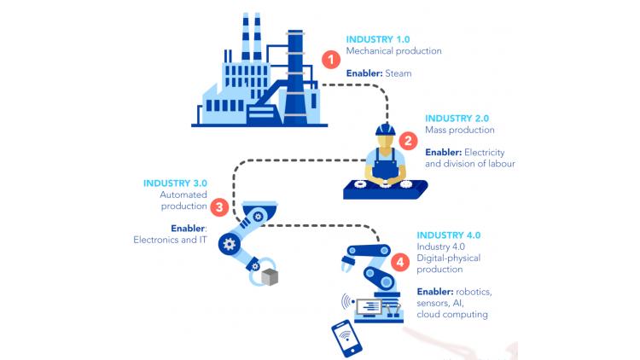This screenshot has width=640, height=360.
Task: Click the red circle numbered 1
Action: coord(331,60)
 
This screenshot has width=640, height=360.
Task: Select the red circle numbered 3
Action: coord(219,206)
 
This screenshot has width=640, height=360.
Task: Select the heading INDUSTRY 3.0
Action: coord(174,183)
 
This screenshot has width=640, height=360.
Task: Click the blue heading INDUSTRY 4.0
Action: coord(449,235)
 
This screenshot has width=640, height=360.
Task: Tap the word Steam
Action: coord(398,73)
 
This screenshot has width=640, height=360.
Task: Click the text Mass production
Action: coord(459,131)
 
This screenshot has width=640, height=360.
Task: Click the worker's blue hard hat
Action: coord(386,129)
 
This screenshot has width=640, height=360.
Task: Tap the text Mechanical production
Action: coord(393,51)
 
